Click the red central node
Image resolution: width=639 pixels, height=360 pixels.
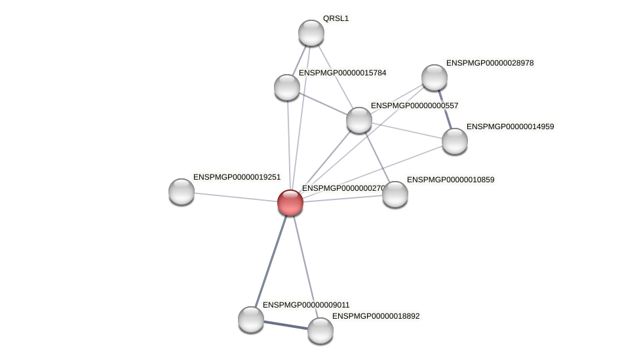click(290, 203)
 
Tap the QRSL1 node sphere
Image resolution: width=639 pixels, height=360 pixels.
click(311, 33)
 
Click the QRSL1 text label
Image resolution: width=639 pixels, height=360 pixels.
click(336, 18)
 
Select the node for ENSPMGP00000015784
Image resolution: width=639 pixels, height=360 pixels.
click(287, 87)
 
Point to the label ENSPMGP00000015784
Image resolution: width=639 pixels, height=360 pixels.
click(342, 73)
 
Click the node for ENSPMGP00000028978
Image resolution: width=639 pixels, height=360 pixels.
click(435, 77)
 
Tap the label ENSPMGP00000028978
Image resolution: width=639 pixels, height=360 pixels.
click(490, 63)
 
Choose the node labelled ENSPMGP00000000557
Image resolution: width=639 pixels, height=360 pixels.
click(359, 120)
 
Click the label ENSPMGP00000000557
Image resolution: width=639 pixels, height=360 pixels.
click(414, 106)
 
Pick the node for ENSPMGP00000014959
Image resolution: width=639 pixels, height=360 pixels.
click(455, 141)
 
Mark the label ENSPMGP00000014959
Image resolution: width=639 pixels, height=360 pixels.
click(510, 127)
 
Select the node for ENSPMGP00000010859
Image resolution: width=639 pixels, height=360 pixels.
click(395, 194)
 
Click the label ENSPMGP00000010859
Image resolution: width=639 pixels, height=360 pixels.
click(450, 180)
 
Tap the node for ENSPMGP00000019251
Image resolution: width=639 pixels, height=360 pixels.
click(182, 191)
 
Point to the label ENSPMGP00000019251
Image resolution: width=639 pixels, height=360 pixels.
click(237, 177)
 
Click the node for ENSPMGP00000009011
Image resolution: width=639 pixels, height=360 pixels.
click(251, 319)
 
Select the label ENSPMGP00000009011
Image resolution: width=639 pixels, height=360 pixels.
click(306, 305)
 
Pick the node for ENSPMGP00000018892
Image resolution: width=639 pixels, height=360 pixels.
click(320, 330)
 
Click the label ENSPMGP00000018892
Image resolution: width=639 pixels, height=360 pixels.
click(376, 316)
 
